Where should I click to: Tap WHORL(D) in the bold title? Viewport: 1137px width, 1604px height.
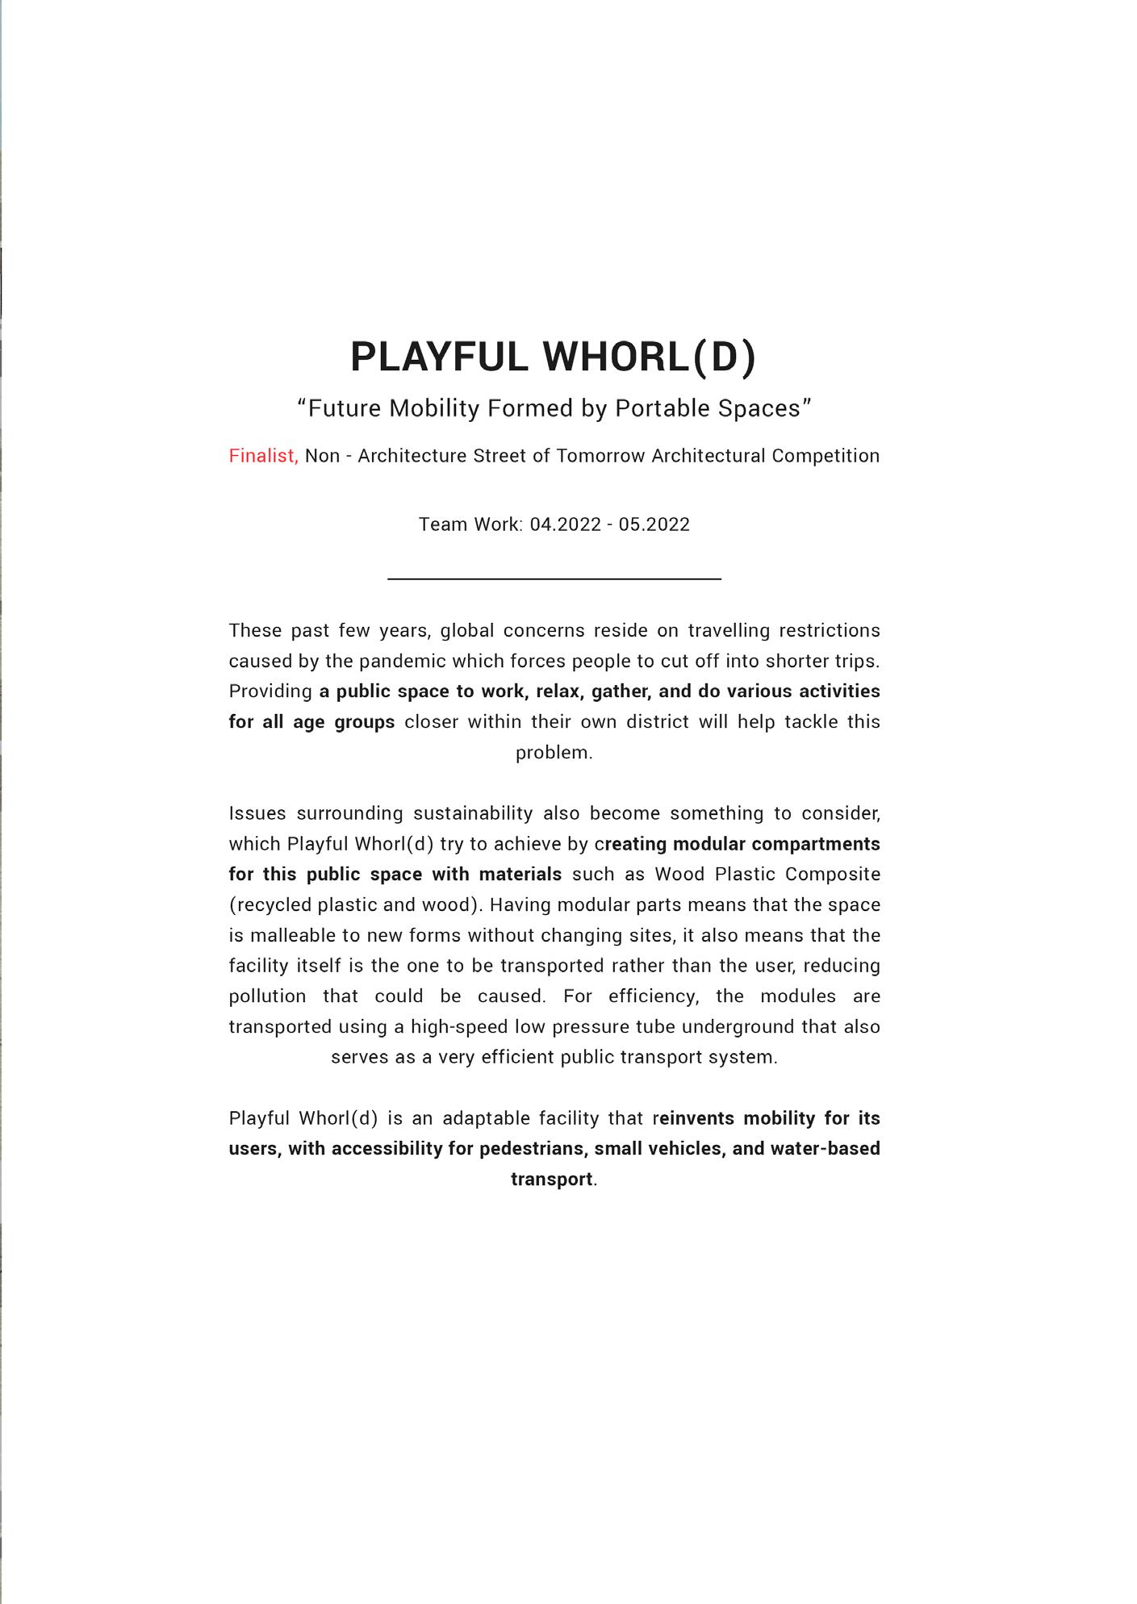pyautogui.click(x=649, y=357)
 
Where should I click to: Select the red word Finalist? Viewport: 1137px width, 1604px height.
pyautogui.click(x=263, y=456)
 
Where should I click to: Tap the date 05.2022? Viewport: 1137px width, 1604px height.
pyautogui.click(x=654, y=524)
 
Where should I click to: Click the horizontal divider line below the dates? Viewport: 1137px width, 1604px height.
pyautogui.click(x=554, y=579)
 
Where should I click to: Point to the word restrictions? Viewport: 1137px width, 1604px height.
pyautogui.click(x=829, y=630)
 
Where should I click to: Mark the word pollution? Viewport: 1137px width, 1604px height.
pyautogui.click(x=267, y=996)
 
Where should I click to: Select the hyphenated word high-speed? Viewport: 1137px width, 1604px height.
pyautogui.click(x=448, y=1027)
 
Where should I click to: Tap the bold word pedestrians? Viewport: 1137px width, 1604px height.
pyautogui.click(x=532, y=1149)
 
